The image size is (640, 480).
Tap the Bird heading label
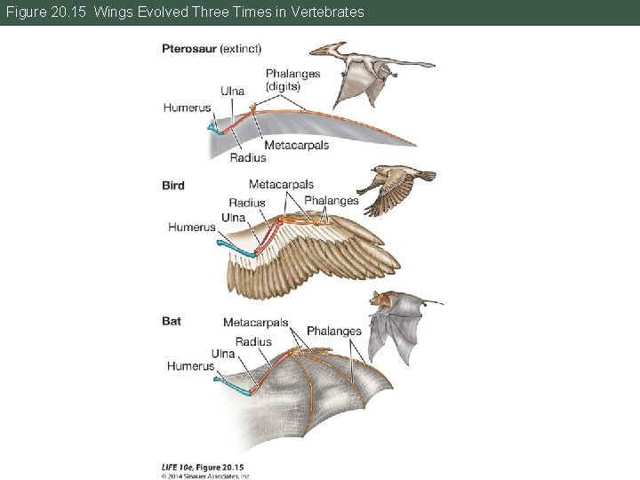tap(173, 186)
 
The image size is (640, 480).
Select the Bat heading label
tap(172, 321)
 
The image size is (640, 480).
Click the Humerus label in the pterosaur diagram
tap(187, 108)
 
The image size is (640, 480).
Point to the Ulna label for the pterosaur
tap(233, 91)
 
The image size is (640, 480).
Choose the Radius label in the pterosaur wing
tap(248, 157)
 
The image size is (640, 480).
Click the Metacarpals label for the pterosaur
tap(296, 145)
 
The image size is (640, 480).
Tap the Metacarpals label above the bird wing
tap(281, 185)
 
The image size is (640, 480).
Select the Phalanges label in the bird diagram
tap(332, 200)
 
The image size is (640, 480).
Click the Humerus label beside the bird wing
tap(191, 228)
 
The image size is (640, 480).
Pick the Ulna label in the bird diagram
tap(234, 218)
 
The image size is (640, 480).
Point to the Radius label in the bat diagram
tap(253, 342)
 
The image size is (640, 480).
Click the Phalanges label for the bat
tap(334, 332)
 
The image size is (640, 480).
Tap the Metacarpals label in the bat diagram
tap(256, 323)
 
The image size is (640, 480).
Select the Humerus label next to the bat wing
tap(190, 366)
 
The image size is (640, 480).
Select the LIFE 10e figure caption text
tap(203, 468)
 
